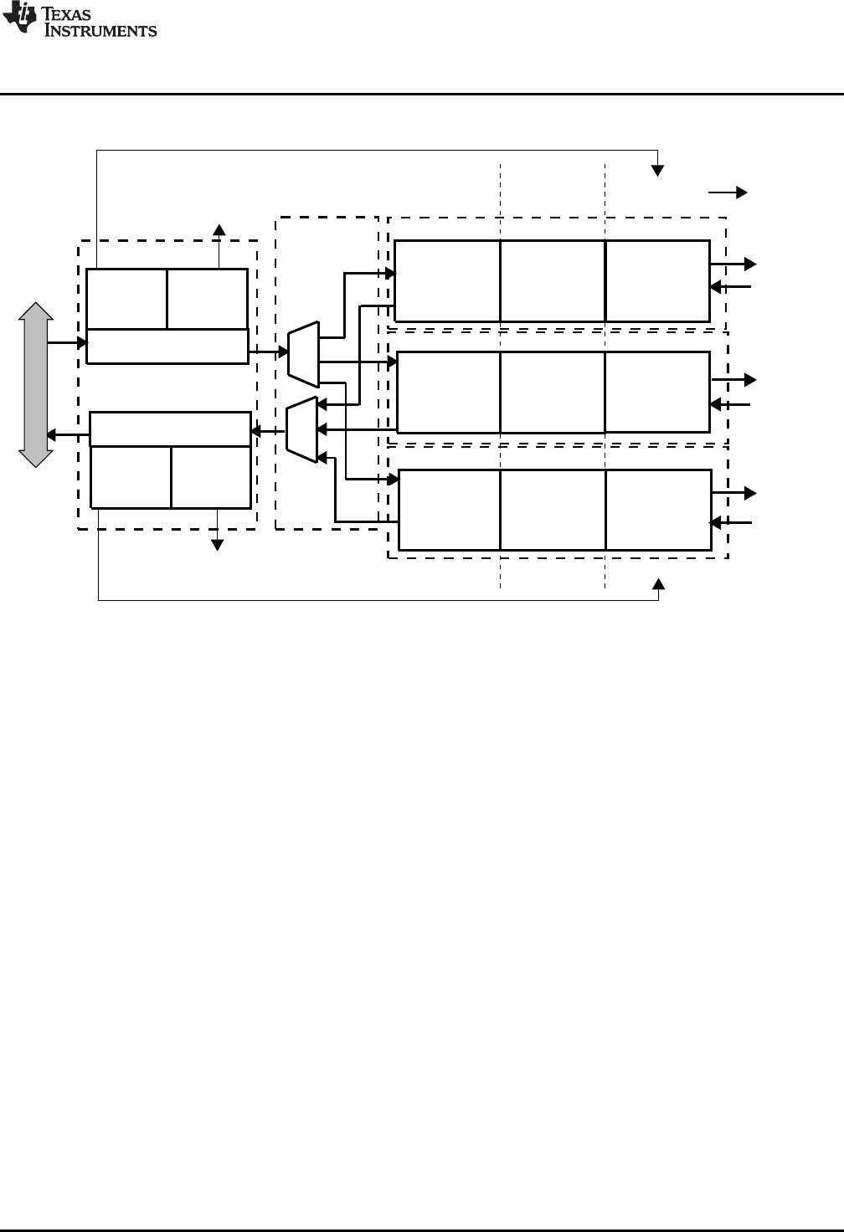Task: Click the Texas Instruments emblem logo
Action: pos(17,18)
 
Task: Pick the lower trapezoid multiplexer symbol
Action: pos(301,429)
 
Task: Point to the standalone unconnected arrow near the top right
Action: pos(728,192)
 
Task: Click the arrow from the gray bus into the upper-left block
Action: pos(67,343)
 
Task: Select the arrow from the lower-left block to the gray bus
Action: pos(67,435)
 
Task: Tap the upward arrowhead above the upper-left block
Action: pos(219,230)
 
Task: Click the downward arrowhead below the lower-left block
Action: pos(218,544)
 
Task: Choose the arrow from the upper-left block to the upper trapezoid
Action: pos(268,352)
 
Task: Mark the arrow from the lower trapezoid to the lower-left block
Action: pos(268,432)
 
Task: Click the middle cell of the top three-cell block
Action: pos(553,280)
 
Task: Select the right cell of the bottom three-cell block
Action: pos(658,510)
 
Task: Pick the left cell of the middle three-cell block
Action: pos(449,392)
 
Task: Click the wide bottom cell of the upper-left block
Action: pos(167,346)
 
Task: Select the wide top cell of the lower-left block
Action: pos(170,429)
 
